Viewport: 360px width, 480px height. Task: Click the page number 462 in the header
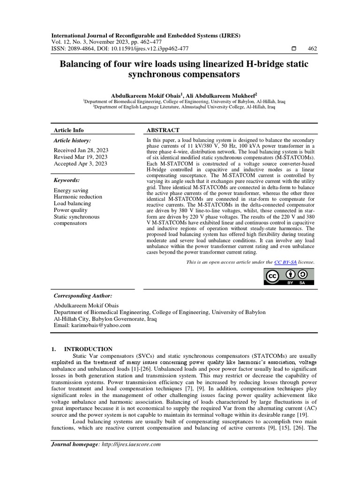[x=312, y=48]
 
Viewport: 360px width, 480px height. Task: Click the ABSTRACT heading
[x=164, y=130]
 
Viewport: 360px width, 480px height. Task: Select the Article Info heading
[x=69, y=130]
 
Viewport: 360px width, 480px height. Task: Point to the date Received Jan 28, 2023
[x=81, y=150]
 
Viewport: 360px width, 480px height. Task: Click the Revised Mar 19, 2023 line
[x=81, y=157]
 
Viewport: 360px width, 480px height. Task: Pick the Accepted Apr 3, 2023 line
[x=80, y=164]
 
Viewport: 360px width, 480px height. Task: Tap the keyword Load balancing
[x=73, y=203]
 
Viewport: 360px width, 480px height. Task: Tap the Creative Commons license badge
[x=290, y=277]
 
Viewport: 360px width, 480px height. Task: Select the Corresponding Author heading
[x=83, y=296]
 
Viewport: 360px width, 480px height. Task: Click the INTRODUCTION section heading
[x=88, y=349]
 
